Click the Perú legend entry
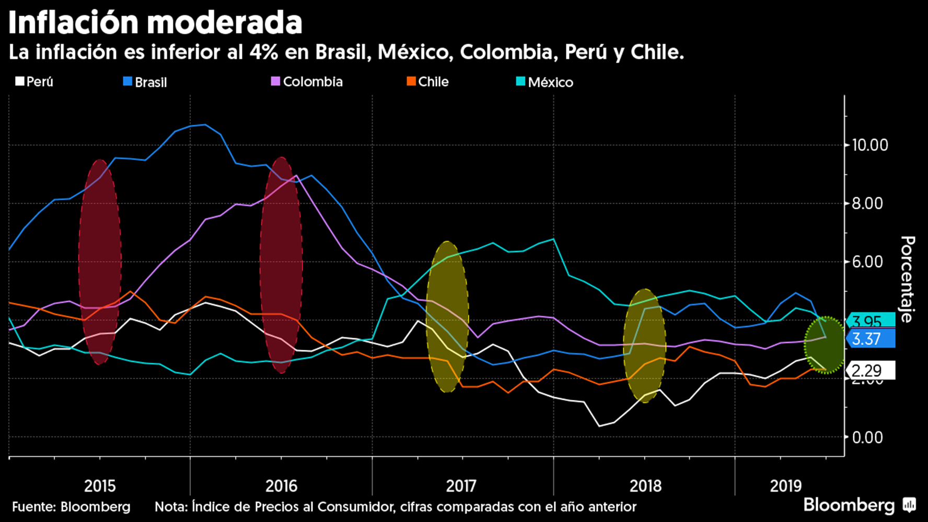click(x=34, y=82)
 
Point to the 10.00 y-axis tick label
click(x=869, y=145)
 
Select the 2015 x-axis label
click(x=100, y=486)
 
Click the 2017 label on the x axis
click(x=461, y=486)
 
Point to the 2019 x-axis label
click(x=785, y=486)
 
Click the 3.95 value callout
click(x=869, y=321)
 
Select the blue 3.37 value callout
click(x=869, y=339)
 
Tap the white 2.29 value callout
click(x=869, y=371)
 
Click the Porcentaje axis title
click(x=908, y=279)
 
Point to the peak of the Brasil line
click(x=205, y=125)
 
